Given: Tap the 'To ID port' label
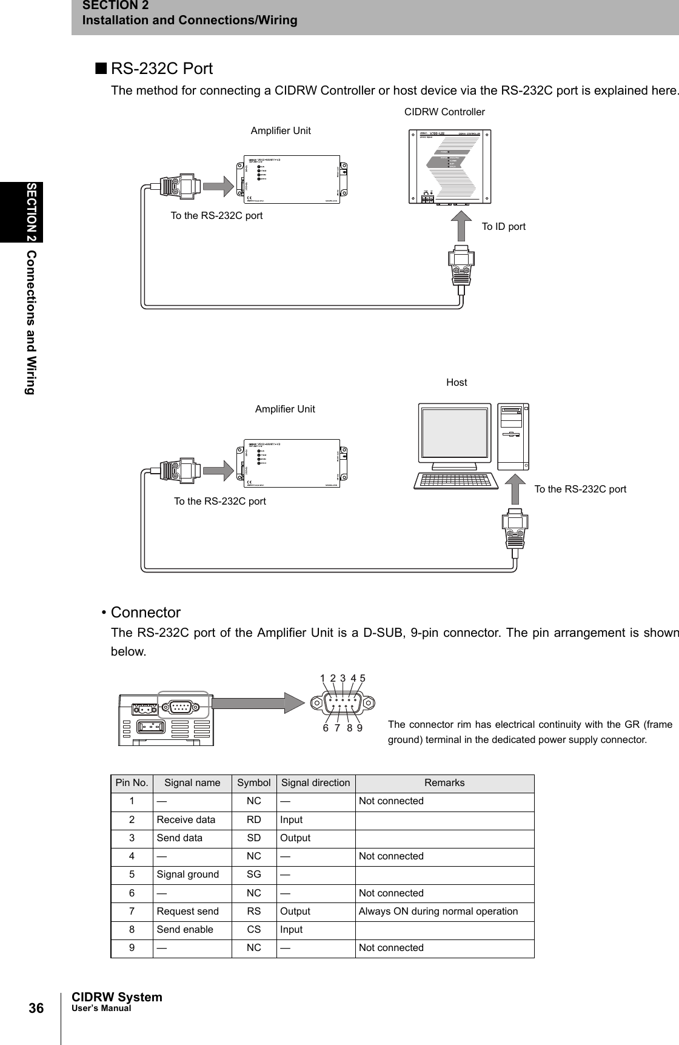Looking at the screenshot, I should click(503, 226).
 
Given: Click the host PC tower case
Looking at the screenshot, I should click(513, 437).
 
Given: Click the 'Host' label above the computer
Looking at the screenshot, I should click(457, 382).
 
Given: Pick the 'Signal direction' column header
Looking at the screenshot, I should click(315, 783).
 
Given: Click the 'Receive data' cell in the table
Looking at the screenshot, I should click(186, 820).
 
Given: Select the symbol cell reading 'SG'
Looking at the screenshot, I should click(254, 875).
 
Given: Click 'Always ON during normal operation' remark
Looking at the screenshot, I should click(438, 912).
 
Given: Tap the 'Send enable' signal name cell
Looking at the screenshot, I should click(185, 930).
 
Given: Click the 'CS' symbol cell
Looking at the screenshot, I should click(254, 930).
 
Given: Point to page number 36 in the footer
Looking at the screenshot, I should click(36, 1009).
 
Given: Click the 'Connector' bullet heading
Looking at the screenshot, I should click(145, 613).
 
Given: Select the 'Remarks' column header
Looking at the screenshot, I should click(444, 783).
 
